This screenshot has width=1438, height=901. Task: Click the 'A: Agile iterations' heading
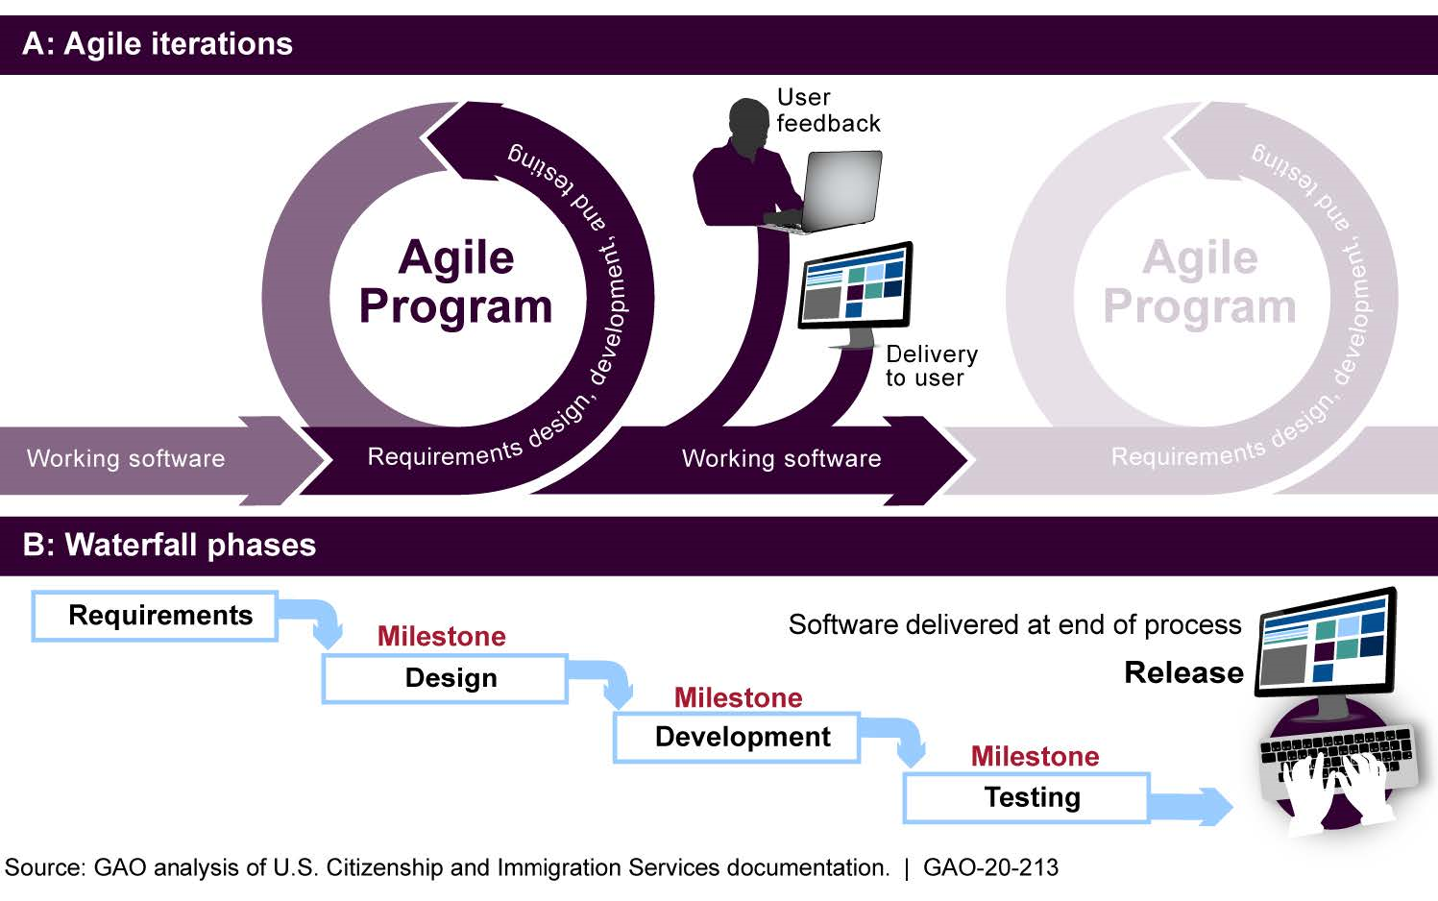(158, 44)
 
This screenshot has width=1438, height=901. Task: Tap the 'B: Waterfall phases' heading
(170, 545)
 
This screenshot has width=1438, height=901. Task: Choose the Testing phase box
(1027, 798)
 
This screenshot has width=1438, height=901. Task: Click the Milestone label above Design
(441, 636)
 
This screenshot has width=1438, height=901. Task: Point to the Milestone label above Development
(738, 697)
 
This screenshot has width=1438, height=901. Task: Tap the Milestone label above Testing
(1035, 756)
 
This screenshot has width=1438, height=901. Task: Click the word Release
(1183, 672)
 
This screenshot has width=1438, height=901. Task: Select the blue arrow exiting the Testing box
(1192, 805)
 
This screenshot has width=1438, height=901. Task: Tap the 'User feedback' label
(827, 110)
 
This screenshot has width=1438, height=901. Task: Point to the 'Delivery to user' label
(930, 366)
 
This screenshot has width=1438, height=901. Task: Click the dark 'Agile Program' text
(456, 282)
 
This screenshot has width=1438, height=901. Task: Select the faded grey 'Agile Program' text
(1200, 282)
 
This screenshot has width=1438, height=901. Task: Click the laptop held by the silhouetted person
(836, 192)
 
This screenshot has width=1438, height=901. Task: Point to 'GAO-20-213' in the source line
(990, 868)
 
